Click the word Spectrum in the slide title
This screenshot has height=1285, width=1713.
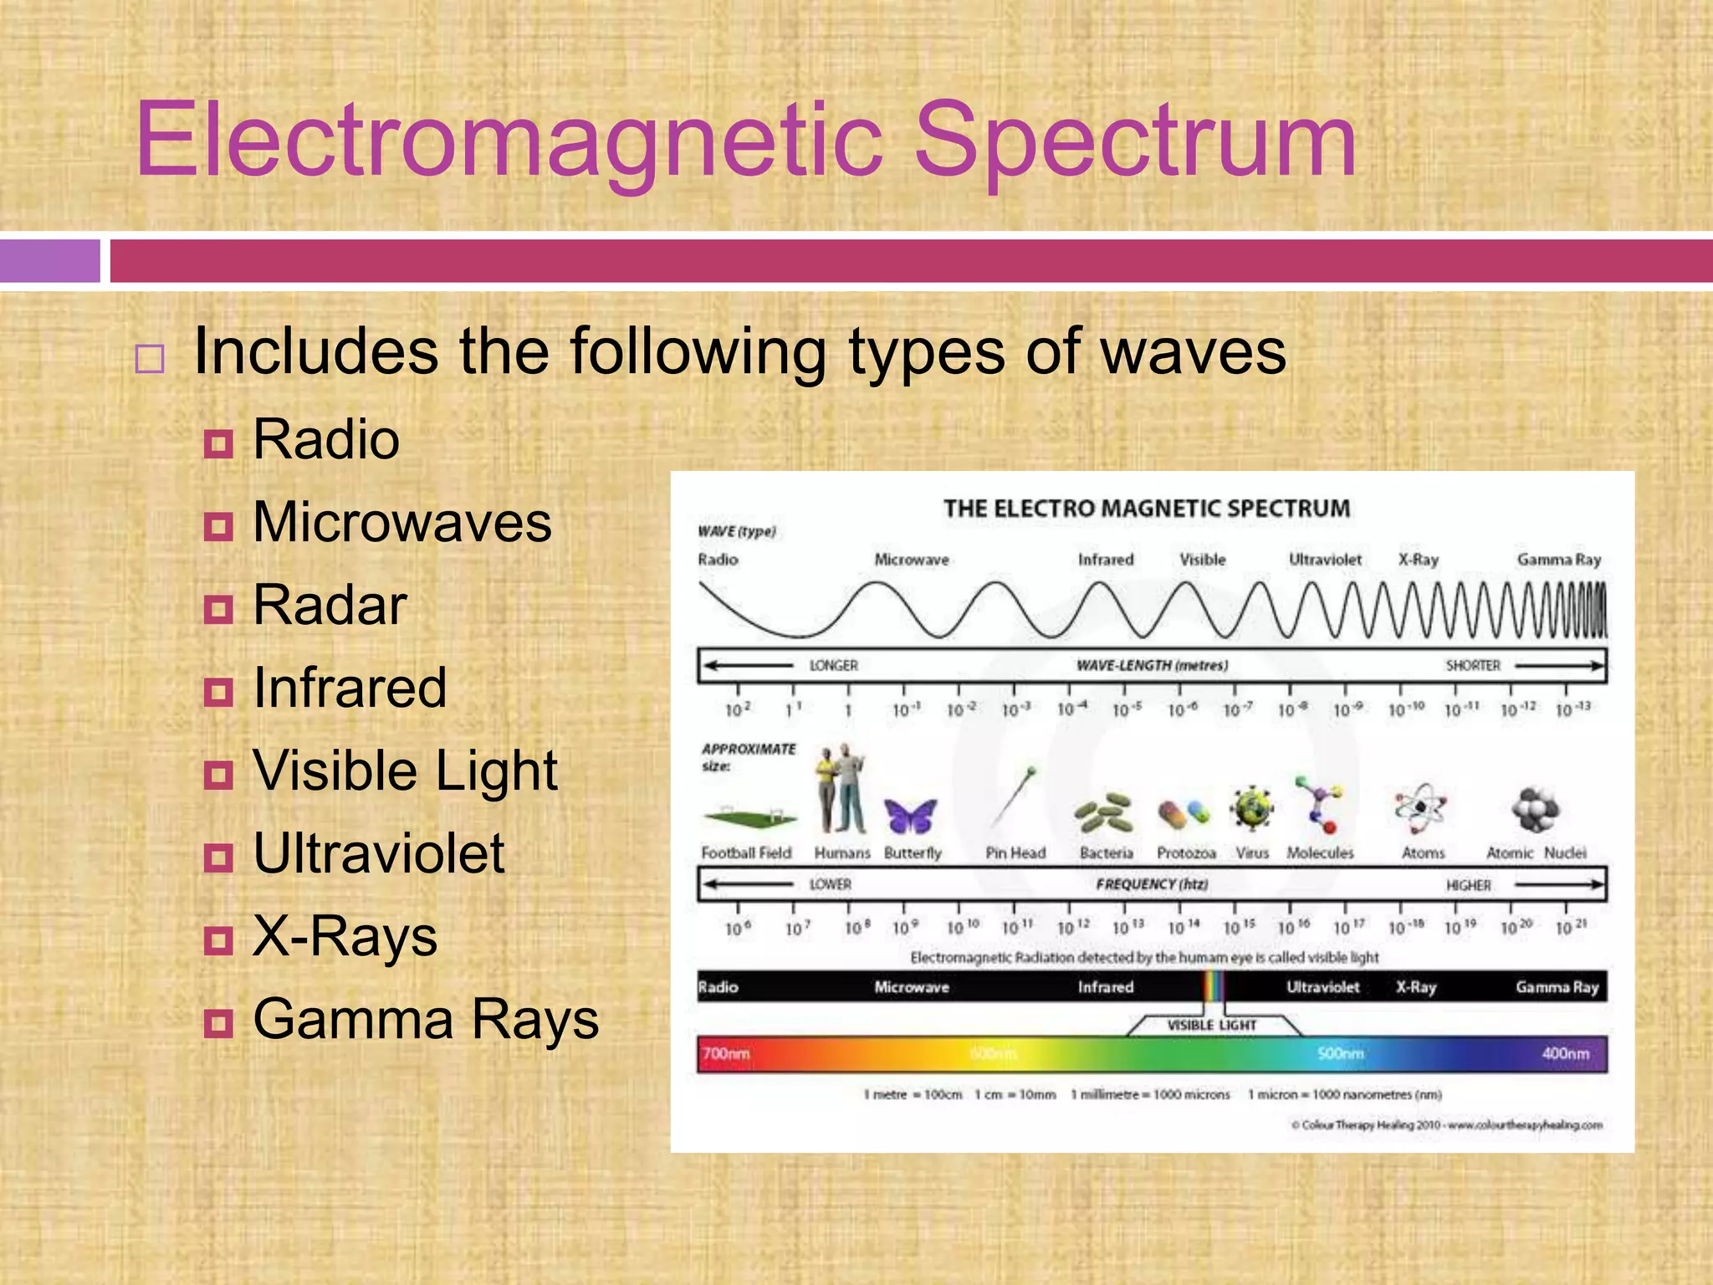click(1135, 141)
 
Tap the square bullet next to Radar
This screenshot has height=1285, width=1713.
click(218, 609)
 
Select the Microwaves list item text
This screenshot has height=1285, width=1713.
click(401, 523)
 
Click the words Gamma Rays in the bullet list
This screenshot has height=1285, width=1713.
click(426, 1020)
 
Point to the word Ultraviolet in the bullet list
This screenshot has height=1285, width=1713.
click(378, 854)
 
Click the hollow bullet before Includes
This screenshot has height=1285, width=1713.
click(150, 359)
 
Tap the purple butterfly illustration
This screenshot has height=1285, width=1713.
click(910, 816)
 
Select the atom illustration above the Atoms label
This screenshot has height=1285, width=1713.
click(1420, 808)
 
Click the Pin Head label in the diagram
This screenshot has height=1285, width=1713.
click(1015, 853)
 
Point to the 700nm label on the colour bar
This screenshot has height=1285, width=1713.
click(726, 1054)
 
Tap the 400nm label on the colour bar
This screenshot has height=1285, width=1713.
click(1565, 1054)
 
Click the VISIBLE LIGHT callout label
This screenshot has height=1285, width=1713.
click(1211, 1026)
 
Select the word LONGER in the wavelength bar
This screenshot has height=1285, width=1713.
click(833, 666)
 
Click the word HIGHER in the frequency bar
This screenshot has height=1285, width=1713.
click(1468, 886)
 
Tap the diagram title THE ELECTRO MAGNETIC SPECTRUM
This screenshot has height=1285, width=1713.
click(1147, 509)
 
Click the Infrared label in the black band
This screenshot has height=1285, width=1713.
click(1105, 988)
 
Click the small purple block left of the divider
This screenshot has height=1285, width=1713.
click(49, 261)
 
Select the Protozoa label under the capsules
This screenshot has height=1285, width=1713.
click(1185, 853)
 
